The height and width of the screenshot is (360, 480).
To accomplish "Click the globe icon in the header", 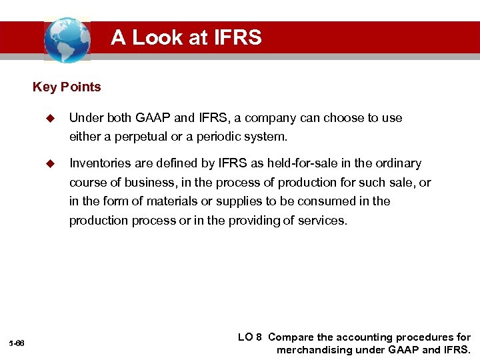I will pyautogui.click(x=67, y=39).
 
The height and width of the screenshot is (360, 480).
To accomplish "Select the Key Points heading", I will pyautogui.click(x=67, y=87).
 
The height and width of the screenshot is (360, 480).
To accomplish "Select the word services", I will pyautogui.click(x=324, y=220).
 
